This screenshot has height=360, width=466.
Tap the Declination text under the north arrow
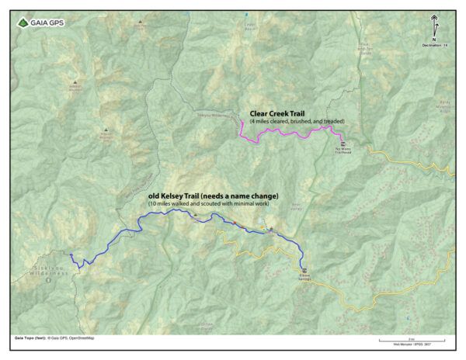click(435, 46)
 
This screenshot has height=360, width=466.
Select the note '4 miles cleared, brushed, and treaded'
click(297, 123)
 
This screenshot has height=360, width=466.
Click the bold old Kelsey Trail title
click(213, 196)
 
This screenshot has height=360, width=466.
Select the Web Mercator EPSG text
click(407, 344)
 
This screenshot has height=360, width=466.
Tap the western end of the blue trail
click(71, 254)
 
